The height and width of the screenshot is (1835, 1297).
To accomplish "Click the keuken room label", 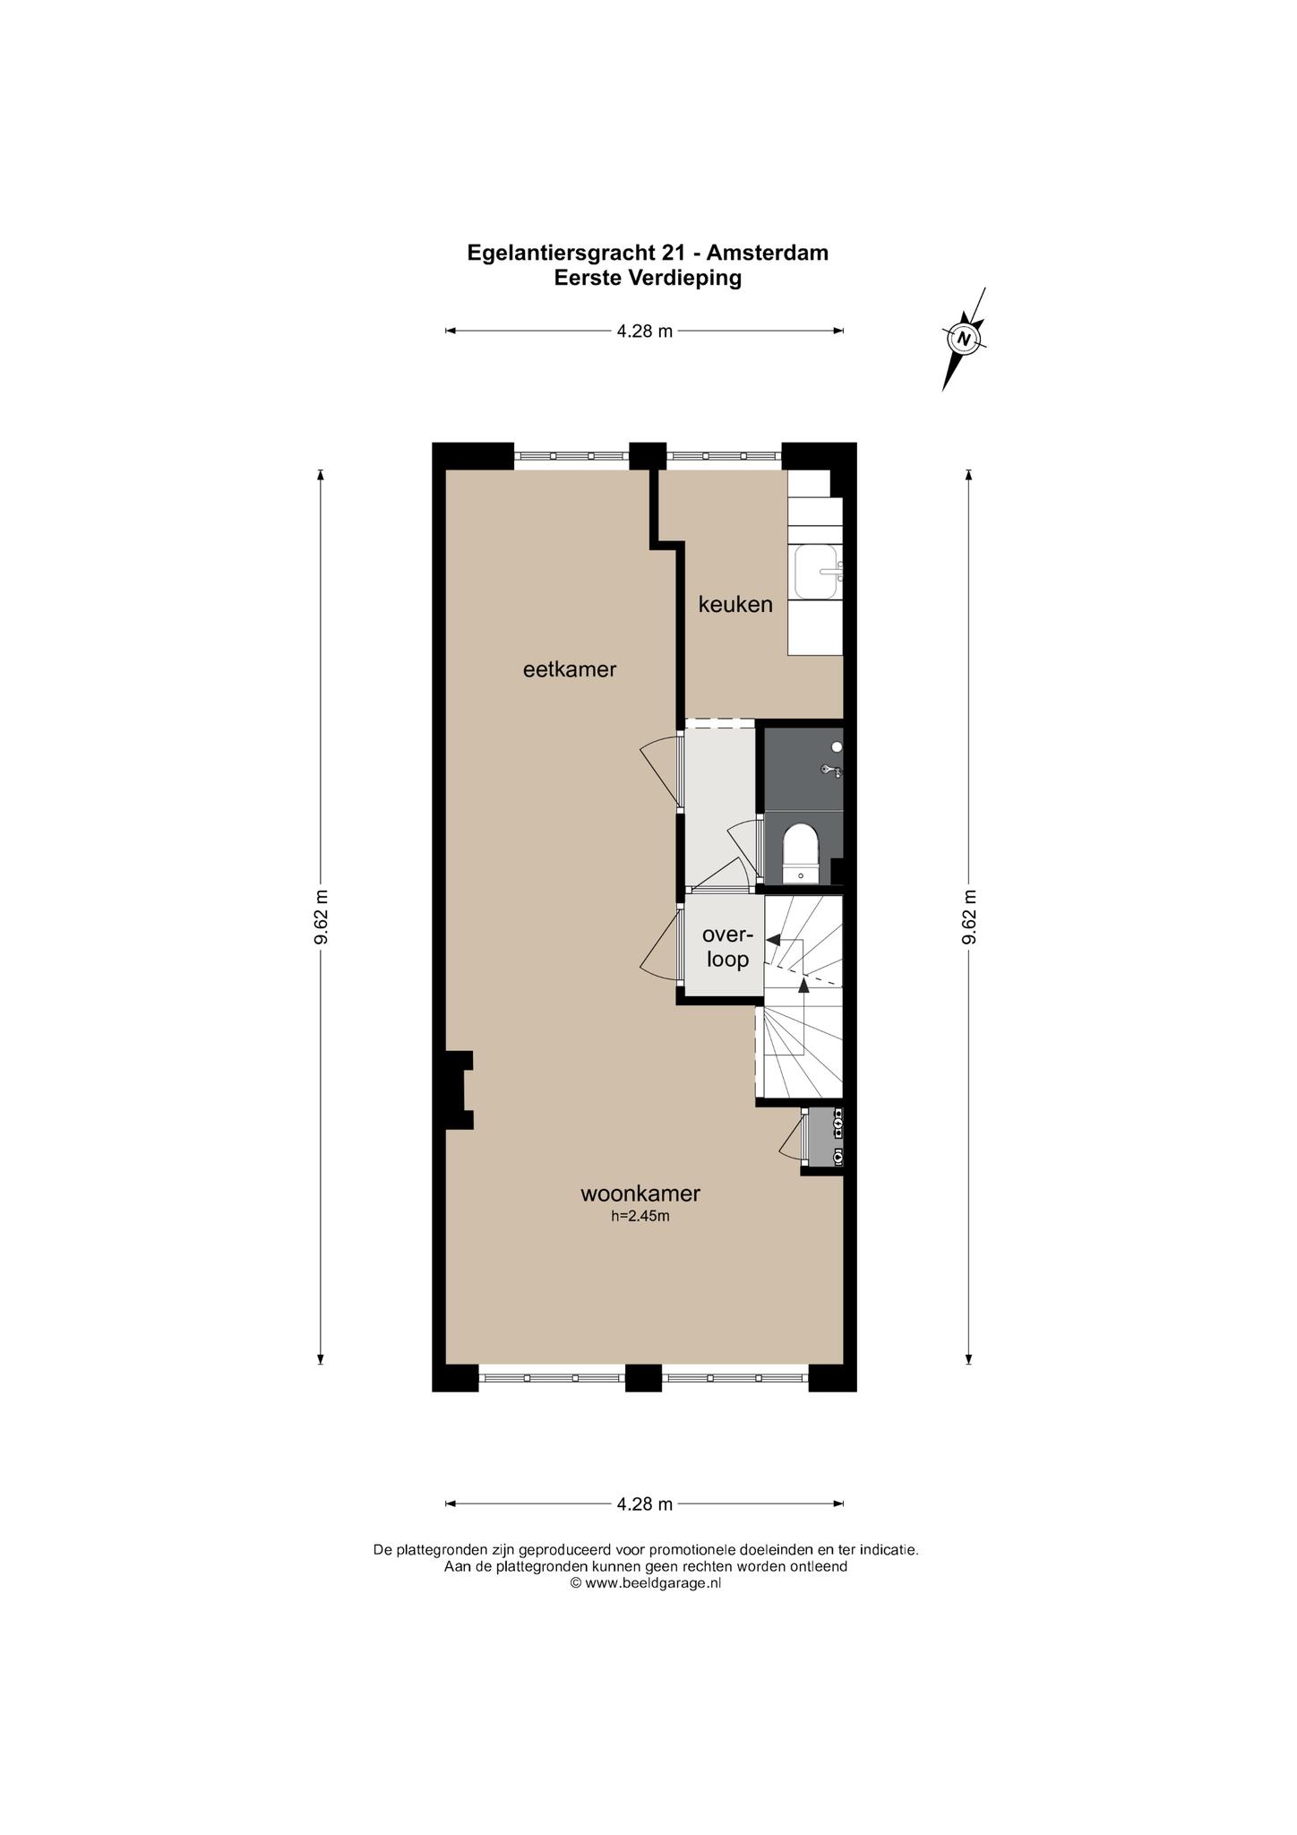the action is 735,605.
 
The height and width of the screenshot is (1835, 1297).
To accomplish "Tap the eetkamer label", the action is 570,669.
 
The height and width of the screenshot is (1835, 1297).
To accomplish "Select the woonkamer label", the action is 640,1193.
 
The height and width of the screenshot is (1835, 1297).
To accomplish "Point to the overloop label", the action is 727,947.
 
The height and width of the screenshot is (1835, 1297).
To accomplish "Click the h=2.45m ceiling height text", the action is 640,1217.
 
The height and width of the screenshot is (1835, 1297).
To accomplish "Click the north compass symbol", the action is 965,339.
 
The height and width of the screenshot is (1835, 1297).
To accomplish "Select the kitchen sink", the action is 818,573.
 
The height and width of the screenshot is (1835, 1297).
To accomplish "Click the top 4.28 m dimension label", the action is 645,332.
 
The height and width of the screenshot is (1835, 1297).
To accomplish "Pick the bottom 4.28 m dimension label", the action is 645,1504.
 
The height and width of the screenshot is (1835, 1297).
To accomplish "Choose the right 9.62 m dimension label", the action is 969,917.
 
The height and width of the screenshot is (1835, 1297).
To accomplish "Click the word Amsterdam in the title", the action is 768,253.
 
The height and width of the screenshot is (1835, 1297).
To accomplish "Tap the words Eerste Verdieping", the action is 648,278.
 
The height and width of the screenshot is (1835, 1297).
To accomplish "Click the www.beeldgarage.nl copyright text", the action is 646,1583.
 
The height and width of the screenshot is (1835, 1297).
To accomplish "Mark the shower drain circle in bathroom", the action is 837,746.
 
